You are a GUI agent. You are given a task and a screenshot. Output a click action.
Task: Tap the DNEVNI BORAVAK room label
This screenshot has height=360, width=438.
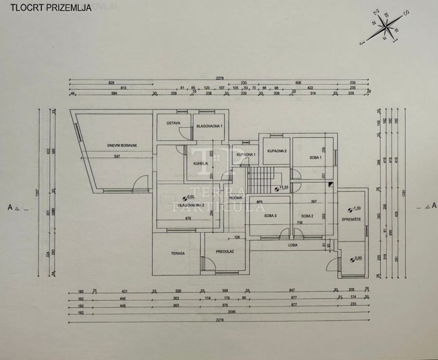tap(122, 146)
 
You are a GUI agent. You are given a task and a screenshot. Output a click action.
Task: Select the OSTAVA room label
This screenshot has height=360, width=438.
tap(174, 123)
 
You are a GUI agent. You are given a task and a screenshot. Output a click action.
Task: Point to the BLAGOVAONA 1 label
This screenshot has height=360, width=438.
tap(209, 126)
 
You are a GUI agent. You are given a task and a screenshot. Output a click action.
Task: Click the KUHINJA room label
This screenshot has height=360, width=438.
tap(201, 163)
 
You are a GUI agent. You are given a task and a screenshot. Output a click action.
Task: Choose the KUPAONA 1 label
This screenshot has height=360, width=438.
tap(246, 155)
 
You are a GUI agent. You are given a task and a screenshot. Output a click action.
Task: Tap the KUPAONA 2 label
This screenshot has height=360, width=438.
tap(277, 151)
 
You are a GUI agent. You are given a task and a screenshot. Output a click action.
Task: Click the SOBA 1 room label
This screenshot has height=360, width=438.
tap(315, 158)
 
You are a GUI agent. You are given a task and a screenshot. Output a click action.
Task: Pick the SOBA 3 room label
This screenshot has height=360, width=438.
tap(270, 215)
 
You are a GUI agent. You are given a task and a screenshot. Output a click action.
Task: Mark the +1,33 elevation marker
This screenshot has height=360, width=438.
tap(282, 188)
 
